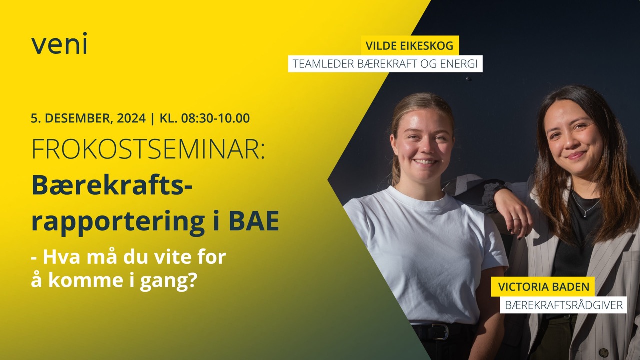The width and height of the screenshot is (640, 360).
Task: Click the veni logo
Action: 59,43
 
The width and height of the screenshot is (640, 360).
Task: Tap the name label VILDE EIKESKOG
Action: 409,45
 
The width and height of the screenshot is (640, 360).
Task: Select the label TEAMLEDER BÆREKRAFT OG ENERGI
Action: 385,64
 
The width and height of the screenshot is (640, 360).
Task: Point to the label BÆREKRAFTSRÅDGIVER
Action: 564,305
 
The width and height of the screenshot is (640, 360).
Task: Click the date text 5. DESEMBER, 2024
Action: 88,118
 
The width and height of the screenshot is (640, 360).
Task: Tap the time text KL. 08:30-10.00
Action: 205,118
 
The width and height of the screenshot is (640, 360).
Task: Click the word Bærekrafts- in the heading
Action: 111,186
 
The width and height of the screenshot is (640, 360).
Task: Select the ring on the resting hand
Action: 516,219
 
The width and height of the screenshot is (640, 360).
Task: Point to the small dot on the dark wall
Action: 468,79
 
